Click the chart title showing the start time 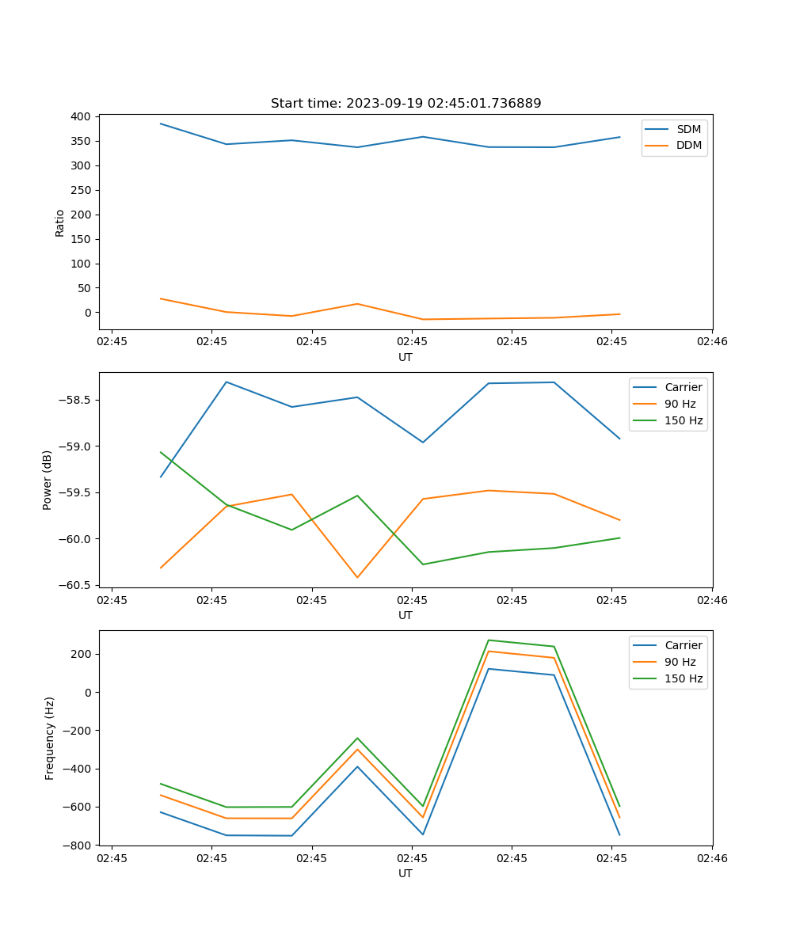(406, 104)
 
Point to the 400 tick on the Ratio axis (80, 116)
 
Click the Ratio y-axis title (60, 222)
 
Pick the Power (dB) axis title (48, 480)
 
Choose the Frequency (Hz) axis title (50, 738)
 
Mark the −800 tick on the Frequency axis (77, 845)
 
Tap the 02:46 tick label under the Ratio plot (711, 342)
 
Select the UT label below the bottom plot (406, 873)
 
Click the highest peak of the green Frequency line (488, 640)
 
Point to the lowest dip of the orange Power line (357, 577)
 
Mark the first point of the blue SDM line (161, 123)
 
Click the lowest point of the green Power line (423, 564)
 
